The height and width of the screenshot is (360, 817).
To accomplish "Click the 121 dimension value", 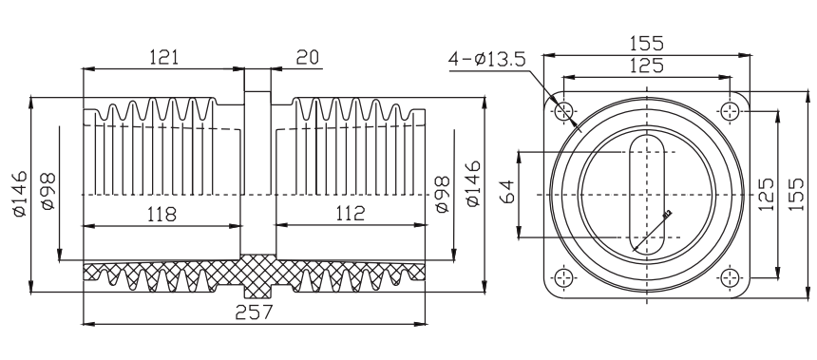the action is (x=163, y=57).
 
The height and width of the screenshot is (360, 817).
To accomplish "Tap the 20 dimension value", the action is (x=308, y=57).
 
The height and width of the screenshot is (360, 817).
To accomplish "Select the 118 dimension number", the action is (x=162, y=214).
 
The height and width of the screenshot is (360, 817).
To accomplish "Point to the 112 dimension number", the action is (x=351, y=213).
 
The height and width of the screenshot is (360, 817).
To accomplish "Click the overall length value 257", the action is (x=254, y=313).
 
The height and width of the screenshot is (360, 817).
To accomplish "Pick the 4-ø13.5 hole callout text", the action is (x=486, y=60).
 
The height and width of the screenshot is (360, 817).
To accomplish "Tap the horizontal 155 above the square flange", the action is (x=646, y=43).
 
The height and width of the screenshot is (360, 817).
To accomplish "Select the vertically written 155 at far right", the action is (x=796, y=194).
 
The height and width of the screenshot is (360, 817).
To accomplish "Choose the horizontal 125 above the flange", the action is (x=647, y=66).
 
